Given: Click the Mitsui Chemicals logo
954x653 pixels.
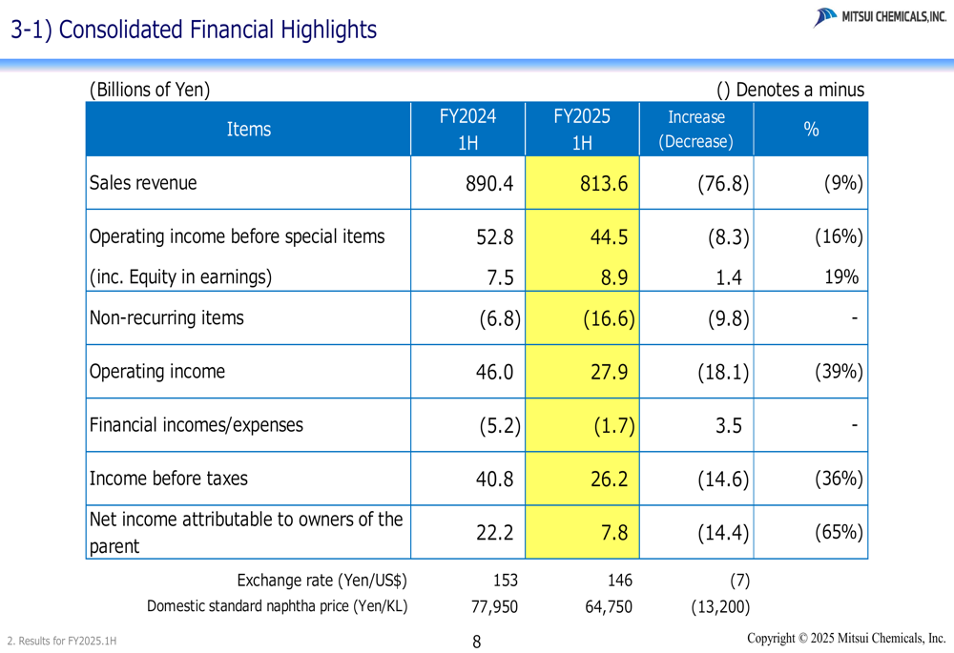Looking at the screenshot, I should tap(880, 17).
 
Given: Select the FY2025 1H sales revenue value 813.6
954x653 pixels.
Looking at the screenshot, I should tap(604, 183).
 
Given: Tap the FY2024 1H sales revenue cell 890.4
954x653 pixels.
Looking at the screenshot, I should tap(489, 183).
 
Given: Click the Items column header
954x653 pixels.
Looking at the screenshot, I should tap(248, 130).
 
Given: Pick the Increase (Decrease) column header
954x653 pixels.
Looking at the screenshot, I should tap(695, 130).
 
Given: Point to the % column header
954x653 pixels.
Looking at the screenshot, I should tap(811, 130).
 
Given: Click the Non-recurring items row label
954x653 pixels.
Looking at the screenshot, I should tap(166, 318).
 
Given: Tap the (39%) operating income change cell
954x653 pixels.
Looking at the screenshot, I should tap(838, 372).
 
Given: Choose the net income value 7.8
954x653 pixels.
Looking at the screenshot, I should tap(613, 533).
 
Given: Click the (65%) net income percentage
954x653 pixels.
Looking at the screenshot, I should tap(838, 533).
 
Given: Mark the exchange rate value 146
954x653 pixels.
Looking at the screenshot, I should tap(620, 580).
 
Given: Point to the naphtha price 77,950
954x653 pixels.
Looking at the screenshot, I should tap(494, 607).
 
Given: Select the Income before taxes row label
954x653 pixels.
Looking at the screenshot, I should tap(168, 479).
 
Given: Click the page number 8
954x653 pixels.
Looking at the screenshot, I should tap(477, 642).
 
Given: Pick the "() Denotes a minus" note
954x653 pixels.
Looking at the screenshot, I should tap(790, 90).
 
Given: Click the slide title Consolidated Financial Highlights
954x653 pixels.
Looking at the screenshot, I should tap(194, 30).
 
